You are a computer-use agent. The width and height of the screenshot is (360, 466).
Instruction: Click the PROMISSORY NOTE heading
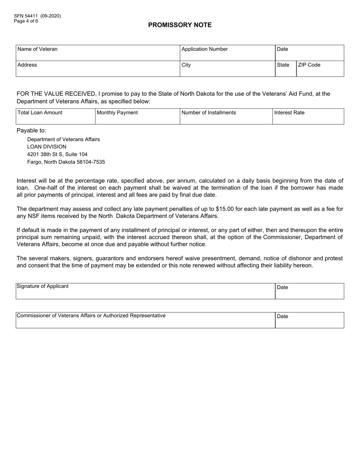tap(180, 25)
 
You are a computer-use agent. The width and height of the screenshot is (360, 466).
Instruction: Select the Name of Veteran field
tap(97, 53)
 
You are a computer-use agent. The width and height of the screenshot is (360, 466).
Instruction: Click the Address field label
tap(27, 65)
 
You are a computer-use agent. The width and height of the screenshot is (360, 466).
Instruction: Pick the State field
tap(285, 69)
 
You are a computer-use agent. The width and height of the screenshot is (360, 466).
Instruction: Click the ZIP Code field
tap(319, 69)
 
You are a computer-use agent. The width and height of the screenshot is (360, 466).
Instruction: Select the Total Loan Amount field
tap(55, 116)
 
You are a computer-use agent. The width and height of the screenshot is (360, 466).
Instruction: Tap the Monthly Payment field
tap(137, 116)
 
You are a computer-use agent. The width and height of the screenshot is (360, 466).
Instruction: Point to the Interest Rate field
tap(308, 116)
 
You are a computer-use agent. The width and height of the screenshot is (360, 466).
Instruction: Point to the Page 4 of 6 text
tap(26, 21)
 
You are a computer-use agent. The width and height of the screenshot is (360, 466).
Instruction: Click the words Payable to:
tap(31, 131)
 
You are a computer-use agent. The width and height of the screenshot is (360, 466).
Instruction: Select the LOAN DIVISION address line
tap(47, 147)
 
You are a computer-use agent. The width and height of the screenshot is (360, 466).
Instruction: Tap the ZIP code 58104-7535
tap(91, 162)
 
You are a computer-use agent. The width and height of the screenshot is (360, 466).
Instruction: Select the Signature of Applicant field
tap(145, 291)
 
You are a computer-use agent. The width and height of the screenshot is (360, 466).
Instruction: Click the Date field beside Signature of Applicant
tap(309, 291)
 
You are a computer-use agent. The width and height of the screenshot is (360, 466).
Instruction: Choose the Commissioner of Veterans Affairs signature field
tap(145, 320)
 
